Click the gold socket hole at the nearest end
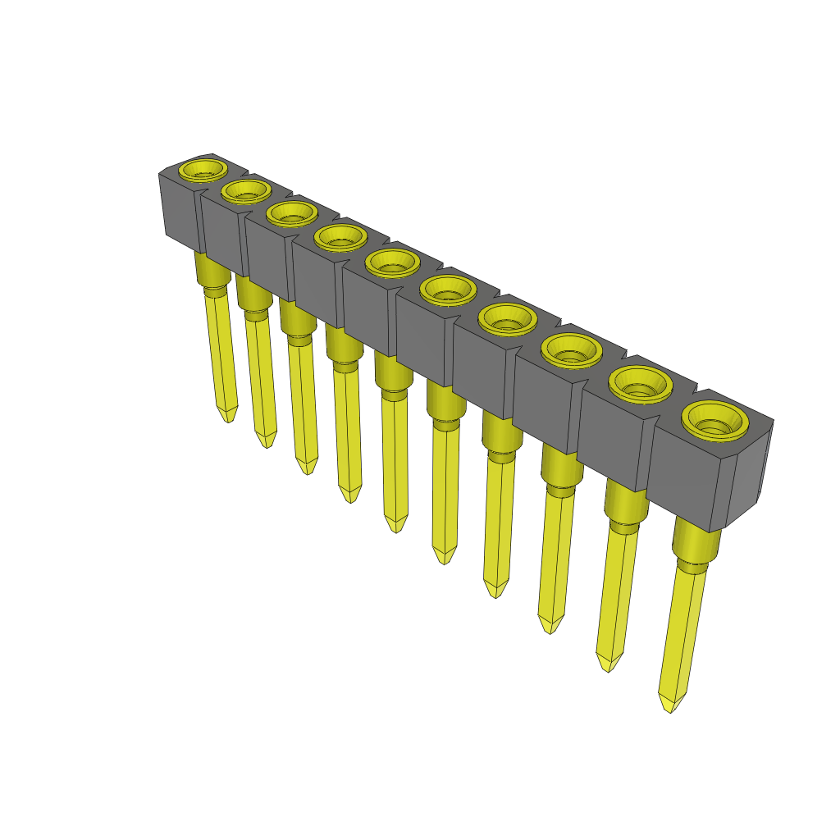(x=715, y=421)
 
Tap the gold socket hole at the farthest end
(x=203, y=170)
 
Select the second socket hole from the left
(x=245, y=191)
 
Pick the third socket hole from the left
(x=291, y=213)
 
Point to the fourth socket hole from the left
(x=340, y=237)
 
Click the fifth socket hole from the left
(x=392, y=262)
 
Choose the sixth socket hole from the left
(x=448, y=290)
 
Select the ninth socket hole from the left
(x=640, y=383)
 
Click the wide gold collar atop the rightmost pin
(x=696, y=541)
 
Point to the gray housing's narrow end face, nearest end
(x=748, y=476)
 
